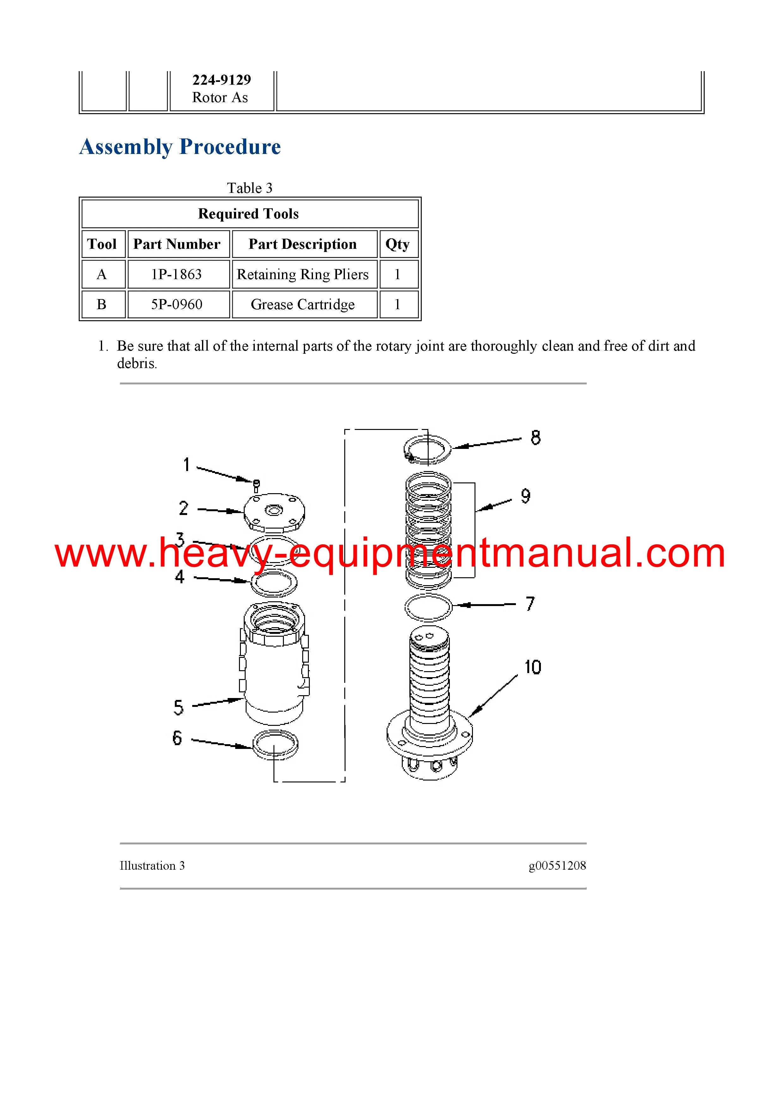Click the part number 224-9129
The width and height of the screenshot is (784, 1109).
pos(222,80)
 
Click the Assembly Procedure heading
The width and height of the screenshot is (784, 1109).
pos(180,147)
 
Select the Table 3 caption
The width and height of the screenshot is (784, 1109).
pos(250,188)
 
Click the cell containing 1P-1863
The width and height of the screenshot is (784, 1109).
pos(176,274)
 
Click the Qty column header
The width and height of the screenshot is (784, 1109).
pos(398,244)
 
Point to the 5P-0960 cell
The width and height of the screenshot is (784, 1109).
pos(177,304)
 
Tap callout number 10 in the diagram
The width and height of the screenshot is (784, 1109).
pos(533,667)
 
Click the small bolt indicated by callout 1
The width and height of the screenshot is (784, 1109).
pos(256,486)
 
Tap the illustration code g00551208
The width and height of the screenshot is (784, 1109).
pos(557,866)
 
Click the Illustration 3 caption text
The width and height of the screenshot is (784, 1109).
pos(152,866)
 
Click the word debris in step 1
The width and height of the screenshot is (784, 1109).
pos(137,363)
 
